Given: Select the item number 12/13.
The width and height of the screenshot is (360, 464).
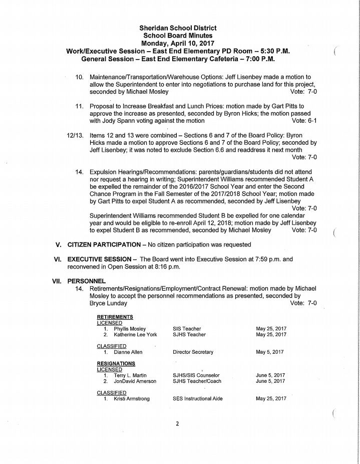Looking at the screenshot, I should coord(75,135).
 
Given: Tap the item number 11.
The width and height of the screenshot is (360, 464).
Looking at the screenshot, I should coord(79,106).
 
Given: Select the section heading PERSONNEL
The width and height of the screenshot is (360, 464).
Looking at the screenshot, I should coord(86,282).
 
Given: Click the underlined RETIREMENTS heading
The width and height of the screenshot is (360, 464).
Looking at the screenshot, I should coord(115,317).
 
